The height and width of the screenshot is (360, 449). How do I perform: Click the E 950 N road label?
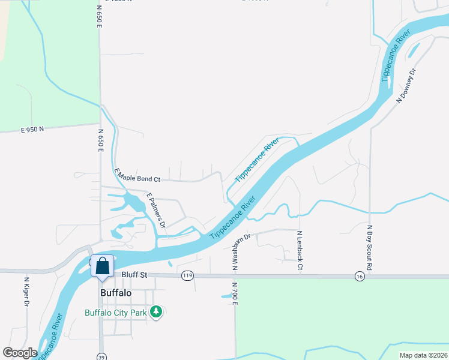click(x=32, y=129)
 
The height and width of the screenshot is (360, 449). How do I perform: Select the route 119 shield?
click(x=187, y=275)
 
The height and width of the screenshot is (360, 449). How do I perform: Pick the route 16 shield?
click(x=360, y=275)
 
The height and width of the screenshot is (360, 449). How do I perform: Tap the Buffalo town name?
click(x=116, y=293)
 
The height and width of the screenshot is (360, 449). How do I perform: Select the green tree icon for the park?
click(x=156, y=311)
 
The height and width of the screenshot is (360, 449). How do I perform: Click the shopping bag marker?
click(x=103, y=265)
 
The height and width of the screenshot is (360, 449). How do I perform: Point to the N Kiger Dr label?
click(x=26, y=291)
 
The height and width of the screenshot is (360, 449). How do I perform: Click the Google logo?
click(x=20, y=353)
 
